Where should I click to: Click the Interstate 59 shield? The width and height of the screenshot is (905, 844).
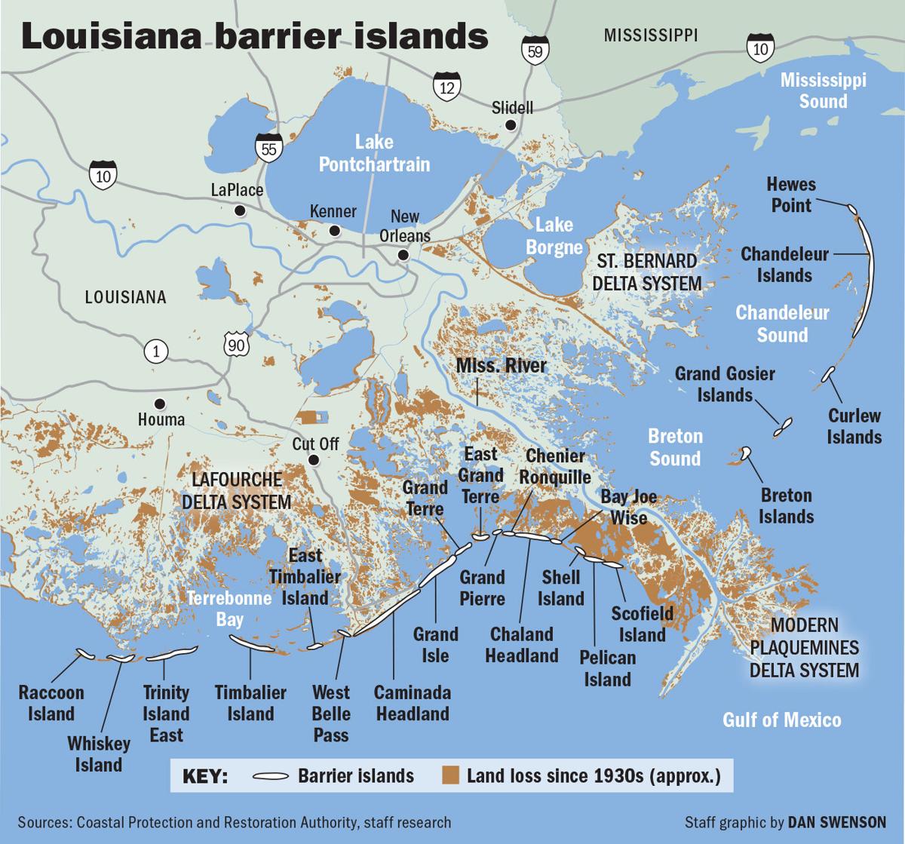tap(532, 50)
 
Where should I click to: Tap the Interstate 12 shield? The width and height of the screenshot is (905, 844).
tap(447, 86)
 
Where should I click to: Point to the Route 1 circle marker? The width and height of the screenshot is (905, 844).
tap(156, 351)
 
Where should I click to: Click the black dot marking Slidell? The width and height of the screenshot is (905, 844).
tap(511, 125)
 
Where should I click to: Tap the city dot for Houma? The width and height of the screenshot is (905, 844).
tap(159, 403)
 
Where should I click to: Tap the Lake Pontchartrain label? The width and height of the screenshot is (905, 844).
tap(374, 153)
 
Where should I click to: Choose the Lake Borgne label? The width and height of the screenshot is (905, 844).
tap(554, 235)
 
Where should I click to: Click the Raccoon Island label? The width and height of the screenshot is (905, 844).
tap(51, 703)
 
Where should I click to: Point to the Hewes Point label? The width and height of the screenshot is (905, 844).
tap(791, 195)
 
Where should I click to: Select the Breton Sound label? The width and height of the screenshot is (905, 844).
tap(676, 447)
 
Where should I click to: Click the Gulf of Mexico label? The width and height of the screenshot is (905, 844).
tap(781, 720)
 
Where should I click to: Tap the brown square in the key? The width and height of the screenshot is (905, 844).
tap(451, 775)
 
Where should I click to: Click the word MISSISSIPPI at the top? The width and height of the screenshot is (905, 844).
tap(651, 35)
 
